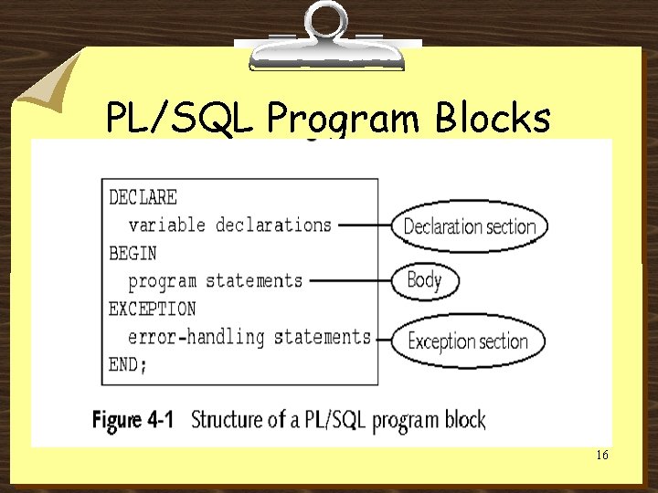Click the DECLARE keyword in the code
click(x=143, y=196)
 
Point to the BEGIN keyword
click(x=133, y=253)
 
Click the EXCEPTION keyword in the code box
click(x=152, y=309)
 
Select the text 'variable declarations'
click(x=229, y=225)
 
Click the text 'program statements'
click(x=215, y=280)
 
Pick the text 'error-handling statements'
click(x=249, y=337)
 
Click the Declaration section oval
click(x=470, y=226)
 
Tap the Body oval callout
click(x=424, y=280)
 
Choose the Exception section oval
click(x=468, y=341)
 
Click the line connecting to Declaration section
click(x=363, y=226)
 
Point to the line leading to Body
click(x=349, y=281)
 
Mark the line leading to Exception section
click(x=383, y=340)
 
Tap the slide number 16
click(x=601, y=455)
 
